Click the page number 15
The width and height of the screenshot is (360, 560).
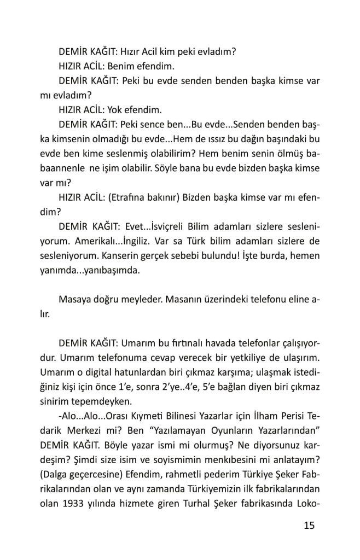click(x=309, y=526)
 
